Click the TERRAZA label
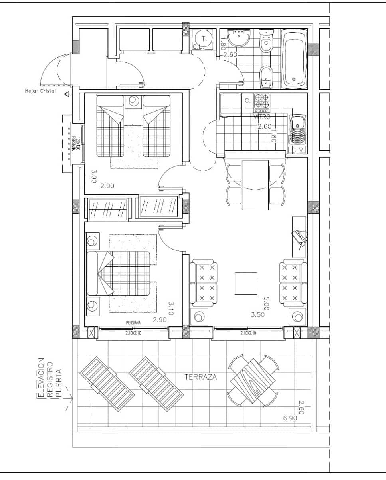pyautogui.click(x=201, y=376)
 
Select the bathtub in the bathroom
pyautogui.click(x=294, y=59)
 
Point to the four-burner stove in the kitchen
pyautogui.click(x=262, y=102)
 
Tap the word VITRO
pyautogui.click(x=262, y=117)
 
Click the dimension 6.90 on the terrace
pyautogui.click(x=290, y=418)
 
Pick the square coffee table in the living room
pyautogui.click(x=246, y=283)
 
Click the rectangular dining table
pyautogui.click(x=255, y=185)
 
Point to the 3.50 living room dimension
pyautogui.click(x=258, y=315)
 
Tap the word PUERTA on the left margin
pyautogui.click(x=59, y=387)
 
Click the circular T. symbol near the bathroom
pyautogui.click(x=204, y=39)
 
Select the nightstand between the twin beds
pyautogui.click(x=133, y=102)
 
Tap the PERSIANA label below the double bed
pyautogui.click(x=133, y=323)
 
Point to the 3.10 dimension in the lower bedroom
pyautogui.click(x=171, y=309)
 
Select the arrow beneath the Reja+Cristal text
pyautogui.click(x=67, y=94)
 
